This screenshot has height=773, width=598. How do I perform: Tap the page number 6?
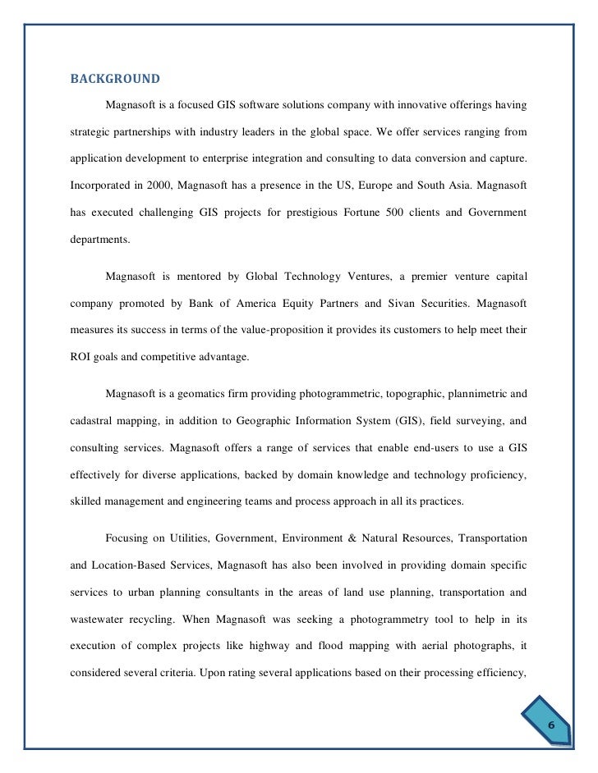point(551,725)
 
